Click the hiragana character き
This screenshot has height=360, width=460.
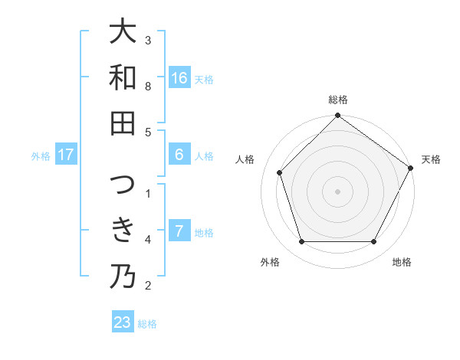pos(123,230)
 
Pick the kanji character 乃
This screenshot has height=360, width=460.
pos(123,276)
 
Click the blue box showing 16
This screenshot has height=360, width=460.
pos(179,78)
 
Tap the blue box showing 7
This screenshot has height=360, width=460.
pos(179,231)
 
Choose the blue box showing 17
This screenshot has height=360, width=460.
pos(66,155)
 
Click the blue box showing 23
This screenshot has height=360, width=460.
pos(123,322)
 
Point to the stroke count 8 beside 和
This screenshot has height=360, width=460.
pos(148,86)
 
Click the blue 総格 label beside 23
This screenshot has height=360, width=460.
pos(147,324)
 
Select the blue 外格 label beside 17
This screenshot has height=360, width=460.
pos(41,156)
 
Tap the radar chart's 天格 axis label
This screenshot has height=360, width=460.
pos(431,159)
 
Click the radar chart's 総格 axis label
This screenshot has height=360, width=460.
pos(338,100)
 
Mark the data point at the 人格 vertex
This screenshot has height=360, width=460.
pos(280,172)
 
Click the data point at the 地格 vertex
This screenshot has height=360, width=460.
pos(374,242)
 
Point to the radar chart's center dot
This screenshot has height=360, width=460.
pos(338,191)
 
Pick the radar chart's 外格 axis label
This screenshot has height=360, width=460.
pos(270,262)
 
